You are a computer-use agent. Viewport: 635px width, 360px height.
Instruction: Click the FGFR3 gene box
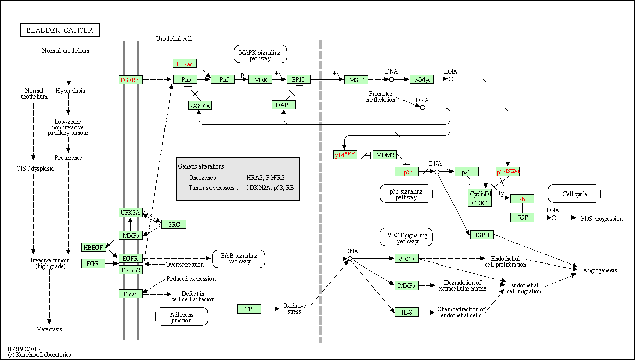pyautogui.click(x=130, y=80)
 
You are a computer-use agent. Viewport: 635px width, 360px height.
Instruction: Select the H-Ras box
pyautogui.click(x=184, y=64)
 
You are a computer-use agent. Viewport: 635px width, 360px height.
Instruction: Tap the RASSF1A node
pyautogui.click(x=199, y=106)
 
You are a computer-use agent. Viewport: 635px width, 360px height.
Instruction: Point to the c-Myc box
pyautogui.click(x=421, y=79)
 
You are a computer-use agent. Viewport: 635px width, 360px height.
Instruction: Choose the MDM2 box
pyautogui.click(x=385, y=155)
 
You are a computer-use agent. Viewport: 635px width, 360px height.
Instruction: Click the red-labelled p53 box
pyautogui.click(x=407, y=172)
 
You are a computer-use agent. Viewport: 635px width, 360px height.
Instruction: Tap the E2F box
pyautogui.click(x=522, y=218)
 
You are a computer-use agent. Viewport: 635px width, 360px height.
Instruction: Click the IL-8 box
pyautogui.click(x=407, y=311)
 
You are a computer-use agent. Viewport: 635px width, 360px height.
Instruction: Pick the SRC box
pyautogui.click(x=174, y=224)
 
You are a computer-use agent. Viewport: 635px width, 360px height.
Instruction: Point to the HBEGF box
pyautogui.click(x=93, y=247)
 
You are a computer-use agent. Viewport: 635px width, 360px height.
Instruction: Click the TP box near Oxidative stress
pyautogui.click(x=249, y=309)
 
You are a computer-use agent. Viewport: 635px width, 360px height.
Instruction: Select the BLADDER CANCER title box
pyautogui.click(x=60, y=30)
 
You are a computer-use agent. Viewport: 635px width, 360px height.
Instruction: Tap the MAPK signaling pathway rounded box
pyautogui.click(x=260, y=54)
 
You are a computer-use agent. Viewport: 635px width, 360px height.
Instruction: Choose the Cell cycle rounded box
pyautogui.click(x=574, y=194)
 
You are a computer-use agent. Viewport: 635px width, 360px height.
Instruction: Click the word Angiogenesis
pyautogui.click(x=600, y=270)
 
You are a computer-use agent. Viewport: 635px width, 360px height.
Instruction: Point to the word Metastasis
pyautogui.click(x=49, y=329)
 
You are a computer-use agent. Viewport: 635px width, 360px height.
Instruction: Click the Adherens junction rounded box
pyautogui.click(x=182, y=317)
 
